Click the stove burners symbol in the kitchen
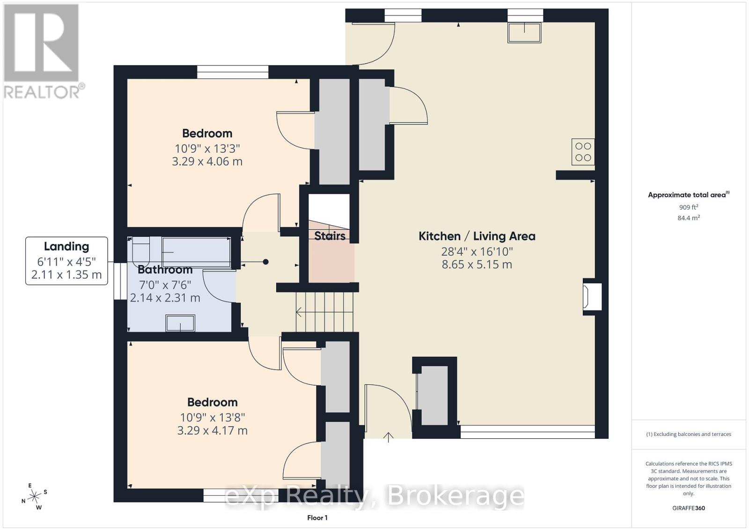[x=583, y=152]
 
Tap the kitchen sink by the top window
[x=524, y=32]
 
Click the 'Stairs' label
[x=330, y=236]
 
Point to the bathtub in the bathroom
[x=196, y=252]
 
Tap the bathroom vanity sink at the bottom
[x=180, y=323]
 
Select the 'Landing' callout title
[x=66, y=246]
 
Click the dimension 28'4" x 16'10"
[x=477, y=251]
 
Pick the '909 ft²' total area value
[x=688, y=207]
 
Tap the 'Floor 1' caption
[x=317, y=517]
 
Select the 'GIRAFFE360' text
[x=688, y=508]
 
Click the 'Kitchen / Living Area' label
[x=477, y=236]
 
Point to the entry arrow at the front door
[x=389, y=437]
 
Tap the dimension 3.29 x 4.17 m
[x=212, y=430]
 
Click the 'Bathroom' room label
[x=165, y=270]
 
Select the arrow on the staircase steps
[x=300, y=311]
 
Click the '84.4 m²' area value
[x=688, y=218]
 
